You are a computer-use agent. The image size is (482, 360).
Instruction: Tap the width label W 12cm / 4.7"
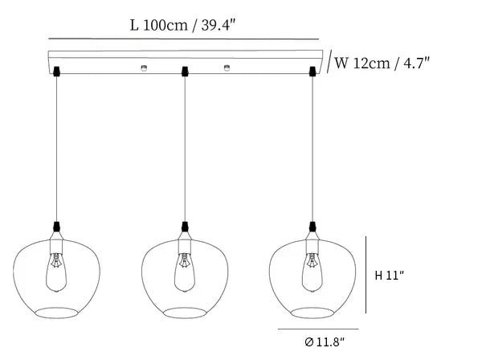point(382,63)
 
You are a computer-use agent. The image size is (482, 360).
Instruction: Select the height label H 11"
point(390,275)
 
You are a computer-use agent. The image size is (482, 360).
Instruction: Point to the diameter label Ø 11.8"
point(325,342)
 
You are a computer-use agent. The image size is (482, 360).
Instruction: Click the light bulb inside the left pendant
point(56,272)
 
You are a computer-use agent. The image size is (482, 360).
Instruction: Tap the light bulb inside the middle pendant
point(185,272)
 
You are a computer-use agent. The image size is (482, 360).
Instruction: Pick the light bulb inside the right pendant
point(312,272)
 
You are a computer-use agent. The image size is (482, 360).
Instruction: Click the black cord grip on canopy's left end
point(56,72)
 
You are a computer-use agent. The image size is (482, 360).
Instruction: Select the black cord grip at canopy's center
point(185,72)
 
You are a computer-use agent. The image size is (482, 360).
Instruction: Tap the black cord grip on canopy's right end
point(312,72)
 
